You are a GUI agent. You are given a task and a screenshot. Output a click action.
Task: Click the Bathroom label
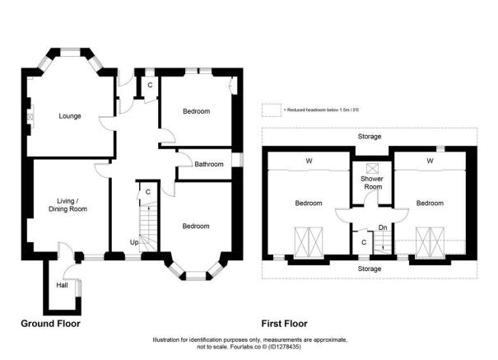click(x=208, y=164)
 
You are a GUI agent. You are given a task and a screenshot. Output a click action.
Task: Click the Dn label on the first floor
click(x=383, y=227)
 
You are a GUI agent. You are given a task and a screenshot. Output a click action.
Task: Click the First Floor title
click(x=284, y=323)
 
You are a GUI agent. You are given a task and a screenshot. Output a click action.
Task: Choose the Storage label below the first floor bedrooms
click(x=369, y=269)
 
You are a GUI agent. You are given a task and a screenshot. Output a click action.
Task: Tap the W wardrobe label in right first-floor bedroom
click(x=429, y=161)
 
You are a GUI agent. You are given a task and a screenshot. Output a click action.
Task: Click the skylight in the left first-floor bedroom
click(x=310, y=241)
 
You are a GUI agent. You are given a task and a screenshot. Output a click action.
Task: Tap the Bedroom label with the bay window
click(x=196, y=226)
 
